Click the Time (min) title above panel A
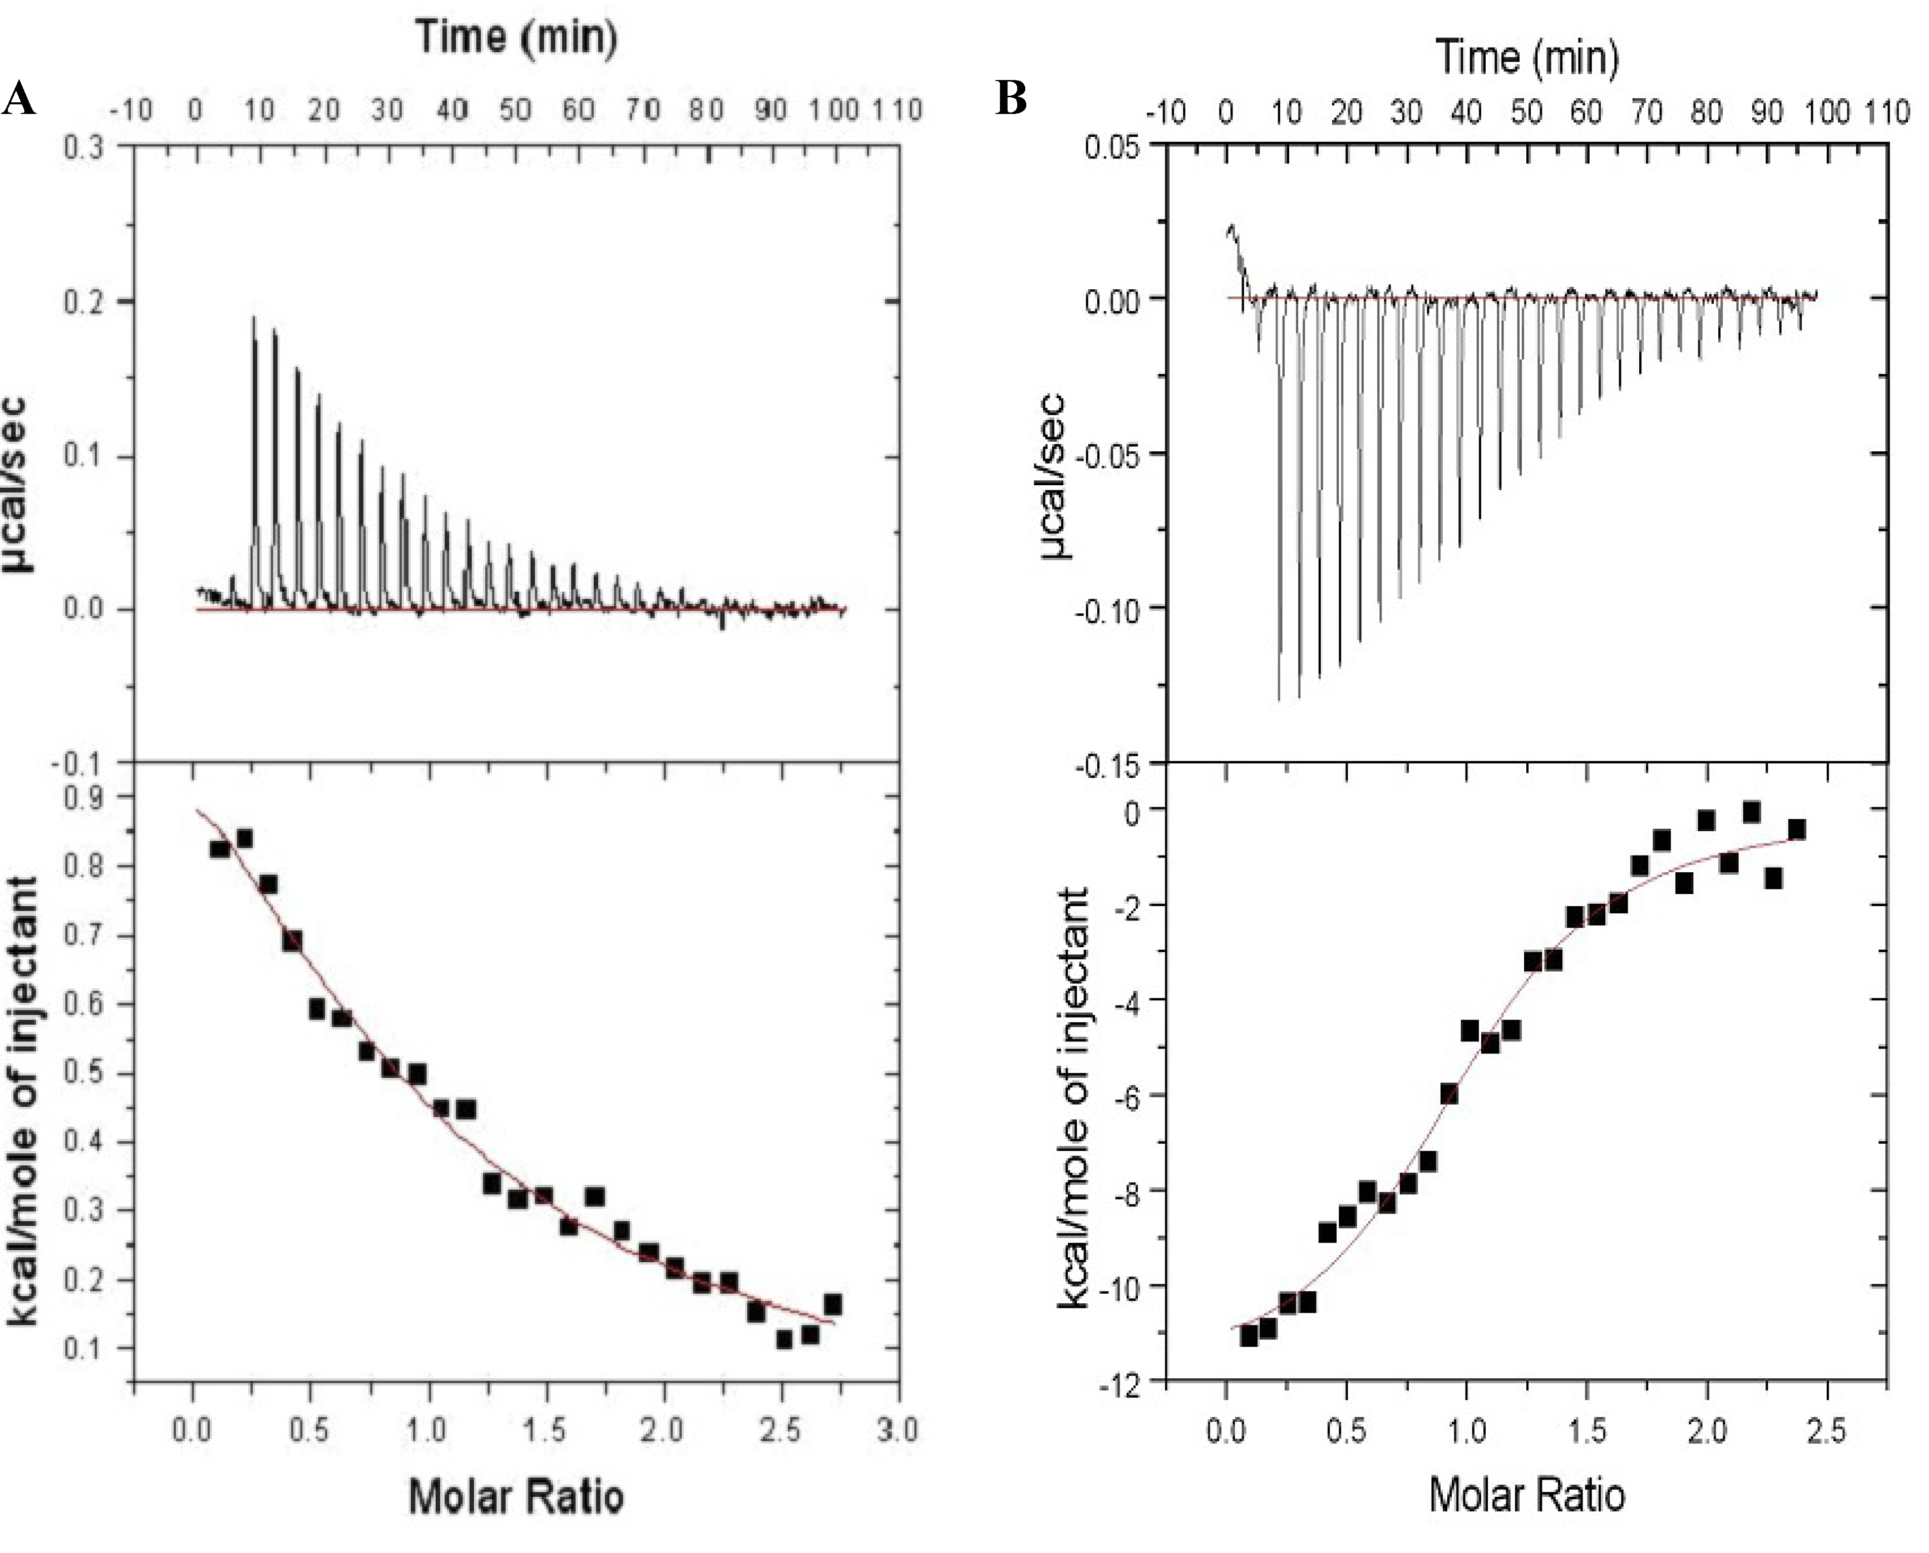517,37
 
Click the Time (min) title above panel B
1528,57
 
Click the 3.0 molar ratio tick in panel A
898,1429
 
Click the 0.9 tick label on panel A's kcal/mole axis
86,798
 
